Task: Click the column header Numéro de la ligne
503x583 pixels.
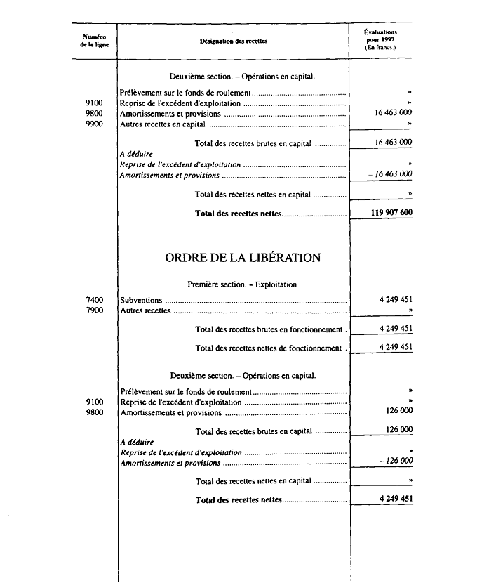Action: pyautogui.click(x=93, y=41)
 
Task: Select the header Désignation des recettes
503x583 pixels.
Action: pyautogui.click(x=234, y=41)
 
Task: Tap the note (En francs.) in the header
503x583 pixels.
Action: pyautogui.click(x=381, y=47)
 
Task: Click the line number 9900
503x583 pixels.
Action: pyautogui.click(x=93, y=124)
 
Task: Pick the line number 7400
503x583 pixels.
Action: pyautogui.click(x=93, y=300)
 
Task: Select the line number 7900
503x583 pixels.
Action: pyautogui.click(x=93, y=310)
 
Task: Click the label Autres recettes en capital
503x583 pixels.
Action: pyautogui.click(x=163, y=124)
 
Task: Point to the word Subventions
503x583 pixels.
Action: pyautogui.click(x=141, y=300)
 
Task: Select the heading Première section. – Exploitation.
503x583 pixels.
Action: pyautogui.click(x=243, y=284)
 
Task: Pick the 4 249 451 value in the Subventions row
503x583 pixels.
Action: pyautogui.click(x=394, y=300)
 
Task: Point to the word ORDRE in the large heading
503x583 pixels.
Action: pyautogui.click(x=187, y=258)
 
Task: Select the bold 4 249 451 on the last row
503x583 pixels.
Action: pyautogui.click(x=394, y=499)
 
